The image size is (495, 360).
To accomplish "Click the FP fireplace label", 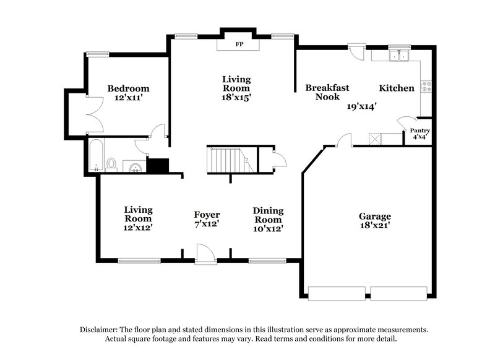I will (x=238, y=45).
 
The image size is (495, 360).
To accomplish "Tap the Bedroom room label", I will (x=128, y=88).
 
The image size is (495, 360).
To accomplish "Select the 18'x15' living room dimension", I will (x=237, y=97).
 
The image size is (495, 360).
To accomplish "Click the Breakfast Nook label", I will (x=327, y=92).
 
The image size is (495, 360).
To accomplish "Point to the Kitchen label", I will (x=397, y=88).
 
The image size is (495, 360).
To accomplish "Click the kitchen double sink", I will (x=398, y=56).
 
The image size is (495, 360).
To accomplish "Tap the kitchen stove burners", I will (x=426, y=87).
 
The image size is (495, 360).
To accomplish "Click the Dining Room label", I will (x=268, y=215).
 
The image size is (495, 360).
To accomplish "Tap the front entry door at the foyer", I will (x=205, y=254).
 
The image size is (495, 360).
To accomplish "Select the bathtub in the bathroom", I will (x=96, y=155).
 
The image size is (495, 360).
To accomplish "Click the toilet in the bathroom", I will (x=112, y=164).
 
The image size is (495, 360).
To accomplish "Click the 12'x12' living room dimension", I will (x=138, y=228).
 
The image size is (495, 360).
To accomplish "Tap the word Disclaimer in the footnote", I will (x=100, y=330).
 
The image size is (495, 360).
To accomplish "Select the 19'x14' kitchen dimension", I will (x=362, y=106).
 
